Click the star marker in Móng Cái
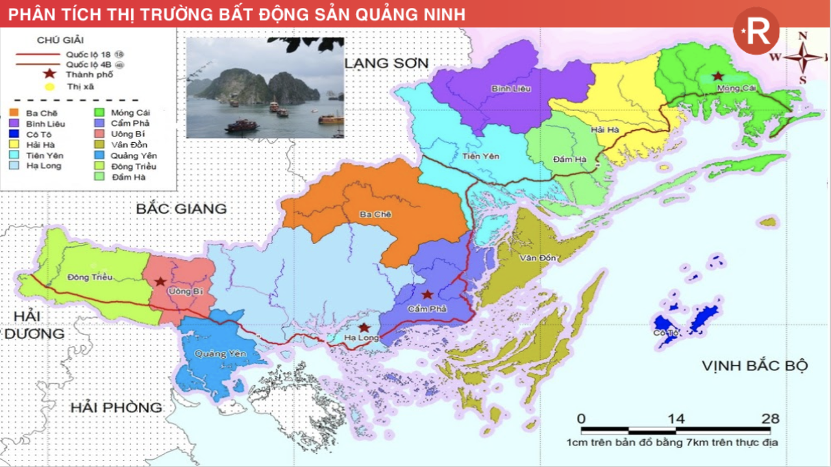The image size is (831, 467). click(x=717, y=76)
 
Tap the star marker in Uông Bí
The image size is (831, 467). click(x=160, y=282)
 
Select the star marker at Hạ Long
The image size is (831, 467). click(x=364, y=327)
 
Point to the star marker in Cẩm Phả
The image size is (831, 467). click(x=427, y=294)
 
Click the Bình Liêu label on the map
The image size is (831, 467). click(x=511, y=88)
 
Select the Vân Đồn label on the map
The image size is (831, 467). click(x=538, y=259)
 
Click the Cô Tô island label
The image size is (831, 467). click(x=679, y=333)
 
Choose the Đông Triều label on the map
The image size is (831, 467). click(x=90, y=277)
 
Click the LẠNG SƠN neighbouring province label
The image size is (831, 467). click(x=386, y=63)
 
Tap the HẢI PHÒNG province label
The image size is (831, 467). click(x=116, y=407)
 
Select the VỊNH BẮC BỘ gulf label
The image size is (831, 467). click(x=754, y=366)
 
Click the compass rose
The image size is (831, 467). click(x=803, y=57)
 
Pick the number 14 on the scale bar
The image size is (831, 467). click(x=676, y=419)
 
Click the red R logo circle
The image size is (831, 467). click(x=756, y=31)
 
